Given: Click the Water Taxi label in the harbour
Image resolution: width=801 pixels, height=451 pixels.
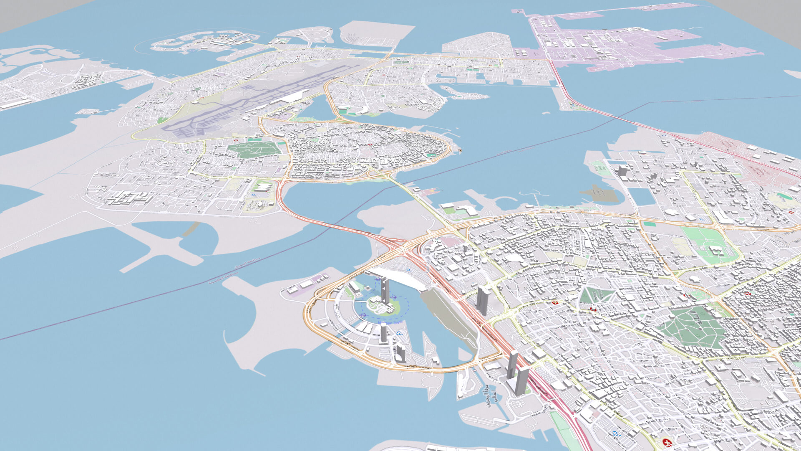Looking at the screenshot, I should coord(390,322).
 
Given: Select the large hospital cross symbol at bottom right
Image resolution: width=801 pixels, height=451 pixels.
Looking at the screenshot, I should coord(667,442).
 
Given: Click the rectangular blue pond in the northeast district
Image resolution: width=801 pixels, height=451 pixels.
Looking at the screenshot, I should coord(642,196).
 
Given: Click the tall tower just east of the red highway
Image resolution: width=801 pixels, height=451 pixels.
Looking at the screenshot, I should coord(483,300).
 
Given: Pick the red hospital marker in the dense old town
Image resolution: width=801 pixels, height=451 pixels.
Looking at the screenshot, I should coord(370,144).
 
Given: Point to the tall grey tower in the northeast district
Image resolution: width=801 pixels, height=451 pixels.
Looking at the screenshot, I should coord(622,170).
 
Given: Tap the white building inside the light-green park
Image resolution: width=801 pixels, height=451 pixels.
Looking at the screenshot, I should coord(716,251).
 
